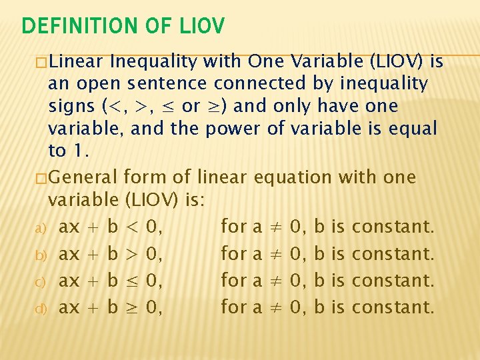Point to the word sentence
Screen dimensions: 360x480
pyautogui.click(x=169, y=84)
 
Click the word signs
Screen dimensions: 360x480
pyautogui.click(x=72, y=106)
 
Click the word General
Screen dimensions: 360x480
pyautogui.click(x=83, y=177)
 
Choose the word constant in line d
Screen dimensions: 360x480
pyautogui.click(x=393, y=307)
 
